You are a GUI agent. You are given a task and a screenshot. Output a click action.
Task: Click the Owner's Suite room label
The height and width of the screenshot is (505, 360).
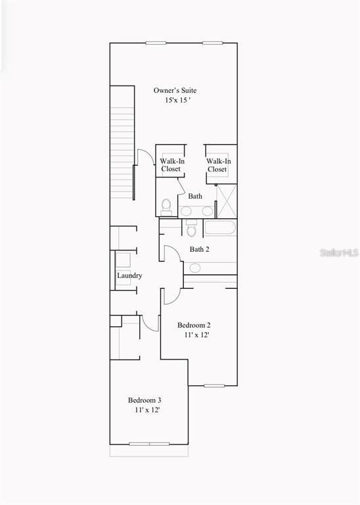click(175, 90)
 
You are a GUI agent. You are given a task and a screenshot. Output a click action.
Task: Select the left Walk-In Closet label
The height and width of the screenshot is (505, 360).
click(171, 164)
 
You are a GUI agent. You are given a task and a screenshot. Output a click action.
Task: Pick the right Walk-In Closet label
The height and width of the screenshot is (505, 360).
click(218, 164)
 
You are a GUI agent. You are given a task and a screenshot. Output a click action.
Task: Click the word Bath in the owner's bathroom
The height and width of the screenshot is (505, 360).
click(195, 196)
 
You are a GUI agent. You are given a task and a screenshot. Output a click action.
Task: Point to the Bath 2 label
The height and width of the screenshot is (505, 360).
click(199, 249)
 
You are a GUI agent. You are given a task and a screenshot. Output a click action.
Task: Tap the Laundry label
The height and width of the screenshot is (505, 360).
click(129, 276)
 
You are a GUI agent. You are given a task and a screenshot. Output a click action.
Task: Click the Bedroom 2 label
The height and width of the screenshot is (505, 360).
click(194, 325)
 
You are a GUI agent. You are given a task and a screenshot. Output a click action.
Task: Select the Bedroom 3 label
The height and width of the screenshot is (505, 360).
click(145, 400)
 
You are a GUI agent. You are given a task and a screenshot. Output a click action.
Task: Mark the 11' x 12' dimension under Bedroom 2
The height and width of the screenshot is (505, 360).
click(197, 335)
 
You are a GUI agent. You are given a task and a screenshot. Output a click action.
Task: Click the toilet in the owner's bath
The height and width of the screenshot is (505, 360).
click(166, 206)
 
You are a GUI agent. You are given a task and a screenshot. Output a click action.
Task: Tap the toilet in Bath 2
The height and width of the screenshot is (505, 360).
click(191, 229)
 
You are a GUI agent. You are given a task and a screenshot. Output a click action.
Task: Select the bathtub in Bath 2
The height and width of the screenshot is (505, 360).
click(219, 229)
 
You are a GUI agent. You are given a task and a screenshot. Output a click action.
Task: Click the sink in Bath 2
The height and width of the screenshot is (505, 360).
click(194, 268)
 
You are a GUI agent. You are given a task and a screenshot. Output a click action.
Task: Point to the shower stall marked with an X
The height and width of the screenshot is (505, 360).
click(227, 201)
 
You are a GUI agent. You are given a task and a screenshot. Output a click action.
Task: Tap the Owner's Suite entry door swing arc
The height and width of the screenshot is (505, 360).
click(142, 158)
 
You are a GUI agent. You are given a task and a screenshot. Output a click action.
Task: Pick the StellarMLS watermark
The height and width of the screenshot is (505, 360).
click(340, 252)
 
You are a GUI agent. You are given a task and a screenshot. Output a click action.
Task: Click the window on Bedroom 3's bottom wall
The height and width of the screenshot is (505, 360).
click(149, 444)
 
